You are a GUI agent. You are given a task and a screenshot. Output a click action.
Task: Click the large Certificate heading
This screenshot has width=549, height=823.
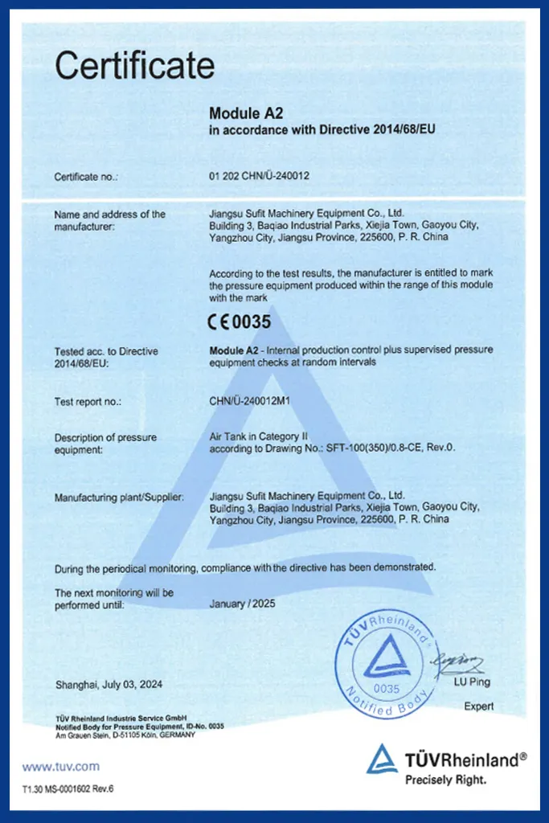tap(134, 66)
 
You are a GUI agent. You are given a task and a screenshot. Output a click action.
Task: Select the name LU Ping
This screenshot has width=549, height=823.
tap(471, 682)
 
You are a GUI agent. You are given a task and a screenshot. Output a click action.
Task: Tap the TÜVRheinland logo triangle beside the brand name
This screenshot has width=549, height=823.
tap(382, 759)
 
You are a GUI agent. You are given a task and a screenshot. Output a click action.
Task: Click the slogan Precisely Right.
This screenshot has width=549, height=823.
tap(446, 779)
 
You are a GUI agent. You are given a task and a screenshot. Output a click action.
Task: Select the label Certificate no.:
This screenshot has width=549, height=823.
tap(86, 175)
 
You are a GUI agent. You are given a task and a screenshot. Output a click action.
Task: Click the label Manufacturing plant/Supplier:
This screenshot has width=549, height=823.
tap(119, 497)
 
